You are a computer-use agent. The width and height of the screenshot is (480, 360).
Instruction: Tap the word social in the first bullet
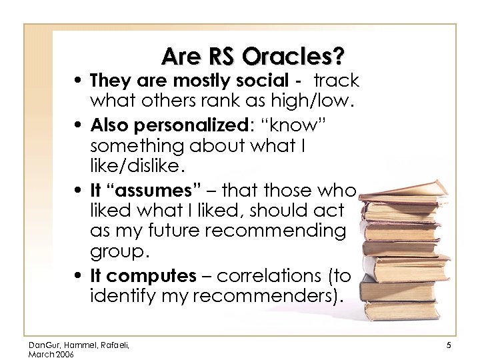(262, 81)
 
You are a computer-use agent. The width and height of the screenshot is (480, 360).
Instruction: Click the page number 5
(449, 344)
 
